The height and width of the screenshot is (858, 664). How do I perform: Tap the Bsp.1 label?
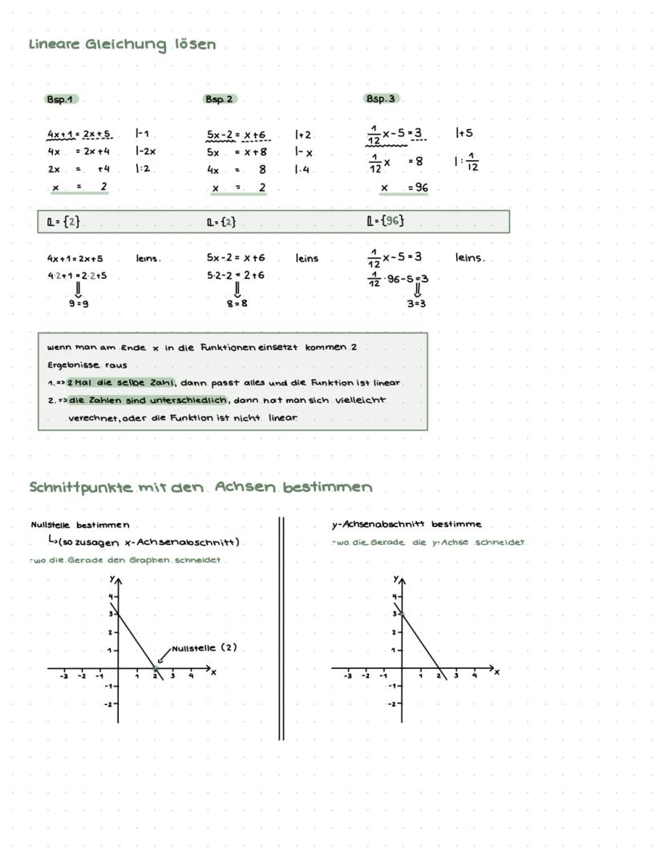point(61,99)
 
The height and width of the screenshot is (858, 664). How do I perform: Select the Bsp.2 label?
point(220,99)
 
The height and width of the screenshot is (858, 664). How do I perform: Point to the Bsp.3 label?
point(381,99)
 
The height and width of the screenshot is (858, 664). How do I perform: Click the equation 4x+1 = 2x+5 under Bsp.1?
point(79,134)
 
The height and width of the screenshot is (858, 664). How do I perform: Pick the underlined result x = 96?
point(404,188)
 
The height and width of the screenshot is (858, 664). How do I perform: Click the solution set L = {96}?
point(385,221)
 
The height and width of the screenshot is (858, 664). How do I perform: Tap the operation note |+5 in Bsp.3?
point(464,133)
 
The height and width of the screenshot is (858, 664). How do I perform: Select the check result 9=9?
point(79,304)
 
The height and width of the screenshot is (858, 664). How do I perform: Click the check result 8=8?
point(237,304)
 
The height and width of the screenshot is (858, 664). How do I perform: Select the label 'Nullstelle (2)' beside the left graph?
point(204,648)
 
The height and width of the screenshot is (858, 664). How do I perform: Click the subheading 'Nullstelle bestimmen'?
point(79,526)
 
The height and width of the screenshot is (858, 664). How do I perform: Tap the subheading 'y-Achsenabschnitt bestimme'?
point(407,525)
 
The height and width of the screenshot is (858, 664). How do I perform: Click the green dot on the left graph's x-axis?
point(156,667)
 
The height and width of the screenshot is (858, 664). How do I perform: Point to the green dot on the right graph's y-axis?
point(401,614)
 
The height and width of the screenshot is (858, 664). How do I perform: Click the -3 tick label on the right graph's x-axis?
point(347,676)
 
